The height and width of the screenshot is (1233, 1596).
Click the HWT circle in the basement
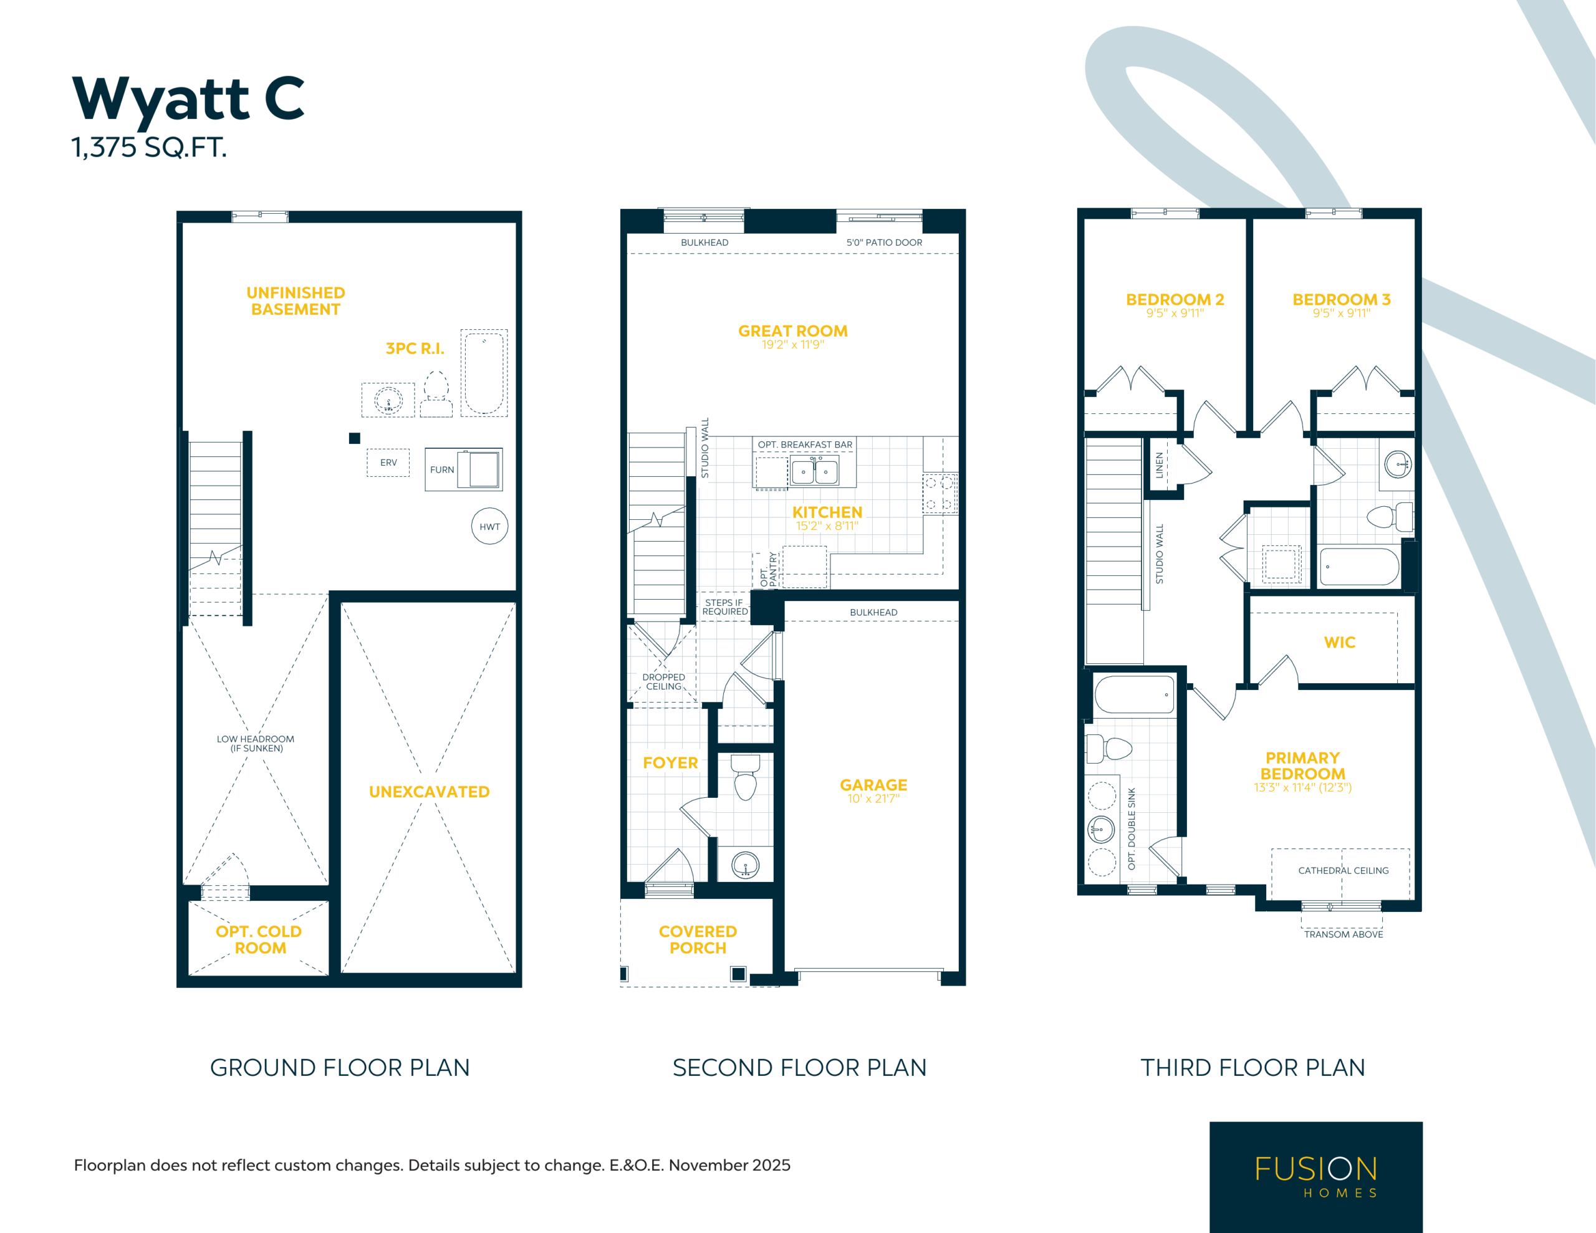coord(489,526)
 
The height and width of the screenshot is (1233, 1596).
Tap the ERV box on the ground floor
coord(388,463)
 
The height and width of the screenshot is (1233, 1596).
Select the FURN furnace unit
coord(464,469)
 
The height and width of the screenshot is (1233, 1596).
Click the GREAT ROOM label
coord(793,331)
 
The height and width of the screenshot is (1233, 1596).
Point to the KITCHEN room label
coord(827,512)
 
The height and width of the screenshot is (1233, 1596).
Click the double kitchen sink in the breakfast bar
coord(814,471)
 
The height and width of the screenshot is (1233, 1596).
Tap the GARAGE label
coord(873,785)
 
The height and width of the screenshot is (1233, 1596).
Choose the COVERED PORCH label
coord(698,940)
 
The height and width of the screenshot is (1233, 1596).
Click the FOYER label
coord(670,763)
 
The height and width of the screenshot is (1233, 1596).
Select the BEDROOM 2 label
coord(1175,300)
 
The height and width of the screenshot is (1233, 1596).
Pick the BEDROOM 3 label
coord(1342,300)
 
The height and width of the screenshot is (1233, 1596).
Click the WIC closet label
coord(1340,643)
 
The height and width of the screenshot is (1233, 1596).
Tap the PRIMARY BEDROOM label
coord(1303,766)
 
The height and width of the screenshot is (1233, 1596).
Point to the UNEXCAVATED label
coord(429,792)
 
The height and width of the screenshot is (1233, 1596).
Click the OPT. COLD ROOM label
coord(259,940)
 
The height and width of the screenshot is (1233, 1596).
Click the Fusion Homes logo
coord(1316,1177)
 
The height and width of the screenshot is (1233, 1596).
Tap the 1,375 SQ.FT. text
coord(149,148)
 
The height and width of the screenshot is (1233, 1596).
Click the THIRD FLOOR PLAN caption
coord(1252,1068)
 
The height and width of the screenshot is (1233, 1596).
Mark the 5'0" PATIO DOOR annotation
coord(884,242)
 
